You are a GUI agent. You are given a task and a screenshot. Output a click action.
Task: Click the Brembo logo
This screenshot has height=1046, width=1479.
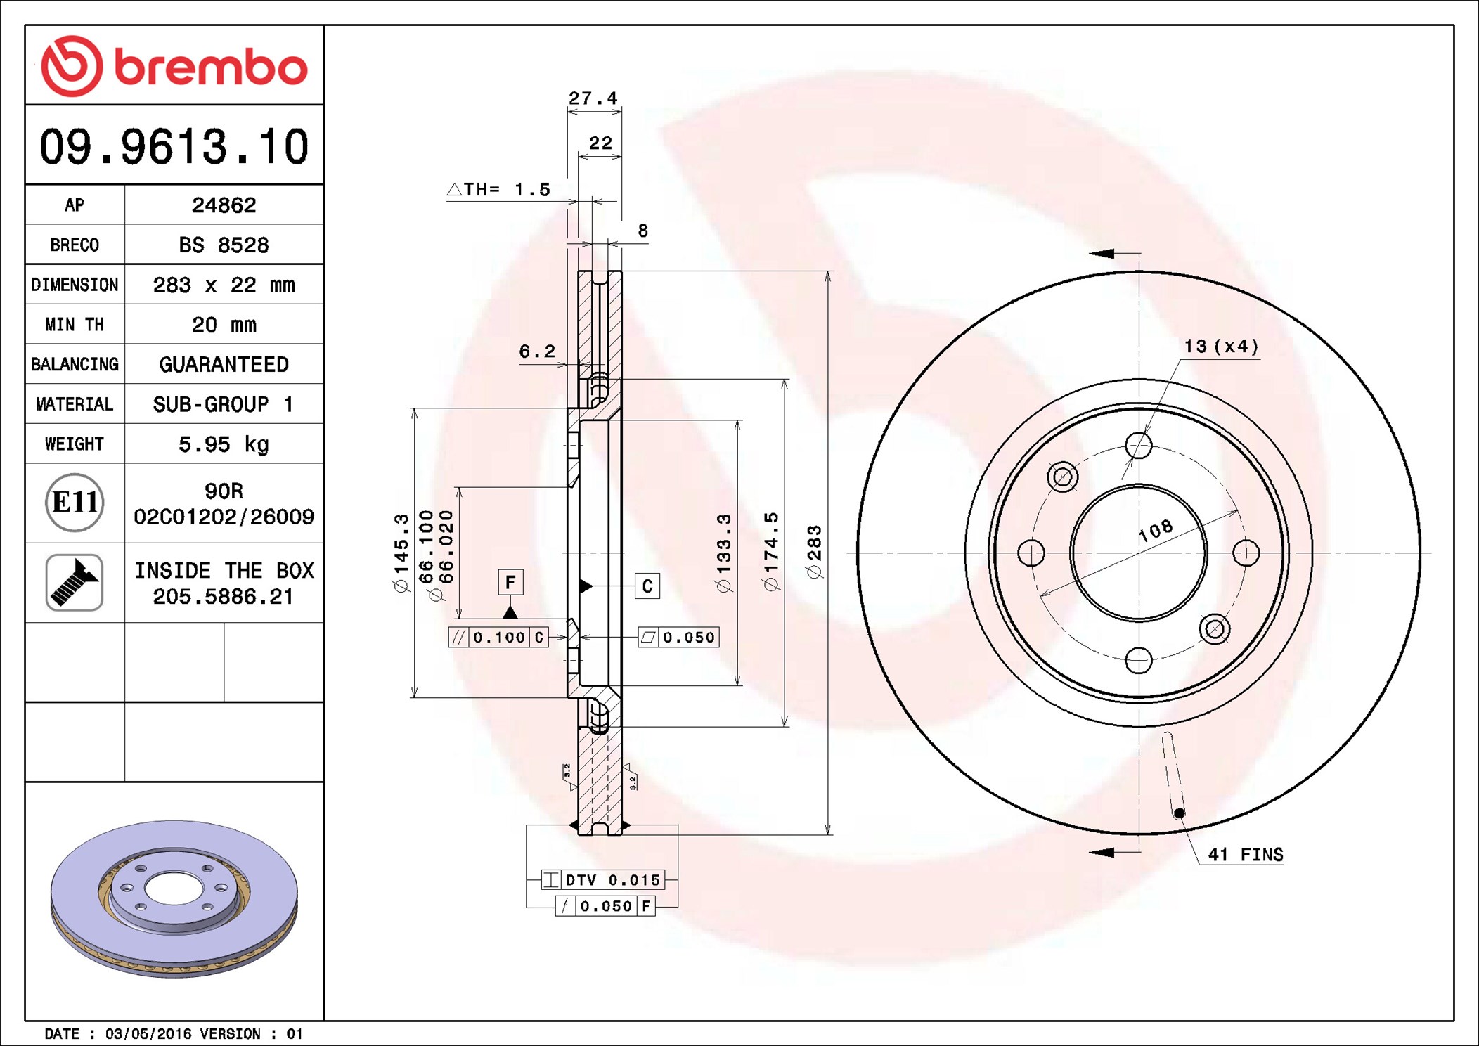[174, 66]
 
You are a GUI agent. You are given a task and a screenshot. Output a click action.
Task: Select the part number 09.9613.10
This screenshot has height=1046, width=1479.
[174, 147]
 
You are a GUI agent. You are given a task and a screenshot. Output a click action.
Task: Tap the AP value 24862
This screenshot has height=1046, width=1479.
[224, 205]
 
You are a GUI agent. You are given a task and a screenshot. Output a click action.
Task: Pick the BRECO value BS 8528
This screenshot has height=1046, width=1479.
[224, 245]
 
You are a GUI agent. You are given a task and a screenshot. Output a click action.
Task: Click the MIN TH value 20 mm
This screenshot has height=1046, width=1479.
[224, 325]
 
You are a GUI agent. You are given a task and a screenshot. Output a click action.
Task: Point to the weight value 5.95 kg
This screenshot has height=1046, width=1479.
[224, 444]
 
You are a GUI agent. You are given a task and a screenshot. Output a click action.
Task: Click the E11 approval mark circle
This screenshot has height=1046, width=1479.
[75, 503]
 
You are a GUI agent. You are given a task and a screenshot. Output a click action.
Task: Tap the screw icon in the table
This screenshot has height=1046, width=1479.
[75, 582]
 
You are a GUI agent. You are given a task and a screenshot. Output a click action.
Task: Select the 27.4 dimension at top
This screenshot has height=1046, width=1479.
[593, 98]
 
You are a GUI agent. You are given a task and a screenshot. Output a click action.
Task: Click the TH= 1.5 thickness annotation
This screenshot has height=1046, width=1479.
[499, 190]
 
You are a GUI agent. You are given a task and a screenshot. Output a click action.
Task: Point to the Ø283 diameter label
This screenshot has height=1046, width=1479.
[815, 552]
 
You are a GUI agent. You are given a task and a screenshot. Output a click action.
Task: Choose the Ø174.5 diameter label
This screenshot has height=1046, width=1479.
[771, 552]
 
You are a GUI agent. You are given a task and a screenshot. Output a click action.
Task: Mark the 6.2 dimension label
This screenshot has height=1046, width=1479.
[537, 351]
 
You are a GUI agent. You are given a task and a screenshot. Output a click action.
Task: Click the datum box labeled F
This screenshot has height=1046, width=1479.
[510, 582]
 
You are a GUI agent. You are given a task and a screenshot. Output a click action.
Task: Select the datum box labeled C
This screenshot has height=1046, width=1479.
[647, 586]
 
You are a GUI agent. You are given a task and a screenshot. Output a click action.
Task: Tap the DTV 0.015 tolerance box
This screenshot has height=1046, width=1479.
[603, 880]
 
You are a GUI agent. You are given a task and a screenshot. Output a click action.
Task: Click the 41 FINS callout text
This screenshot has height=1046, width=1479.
[1245, 855]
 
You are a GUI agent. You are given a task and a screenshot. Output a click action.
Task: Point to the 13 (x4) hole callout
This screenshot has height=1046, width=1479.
[1221, 347]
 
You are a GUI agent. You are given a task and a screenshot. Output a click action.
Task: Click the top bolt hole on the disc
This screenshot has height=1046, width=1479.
[1139, 445]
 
